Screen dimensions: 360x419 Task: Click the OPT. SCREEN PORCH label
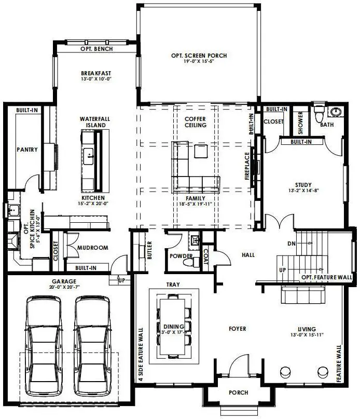point(199,56)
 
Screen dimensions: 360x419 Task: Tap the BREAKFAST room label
point(96,73)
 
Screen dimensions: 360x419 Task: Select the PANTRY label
point(27,150)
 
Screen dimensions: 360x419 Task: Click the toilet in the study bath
point(319,114)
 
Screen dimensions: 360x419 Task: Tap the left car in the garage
point(44,346)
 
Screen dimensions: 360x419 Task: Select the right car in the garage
point(92,346)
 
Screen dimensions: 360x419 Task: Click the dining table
point(172,326)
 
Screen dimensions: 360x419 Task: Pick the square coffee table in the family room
point(201,151)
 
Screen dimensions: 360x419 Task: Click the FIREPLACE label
point(247,166)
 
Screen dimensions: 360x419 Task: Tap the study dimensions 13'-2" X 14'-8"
point(303,191)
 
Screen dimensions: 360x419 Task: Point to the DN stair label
point(292,244)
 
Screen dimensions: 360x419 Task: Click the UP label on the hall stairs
point(283,270)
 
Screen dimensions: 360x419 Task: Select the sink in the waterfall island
point(88,156)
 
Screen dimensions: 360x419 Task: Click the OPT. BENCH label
point(96,49)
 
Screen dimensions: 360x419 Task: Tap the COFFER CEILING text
point(196,122)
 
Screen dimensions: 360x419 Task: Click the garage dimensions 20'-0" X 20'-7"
point(64,287)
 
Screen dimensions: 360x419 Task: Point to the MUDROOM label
point(93,248)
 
